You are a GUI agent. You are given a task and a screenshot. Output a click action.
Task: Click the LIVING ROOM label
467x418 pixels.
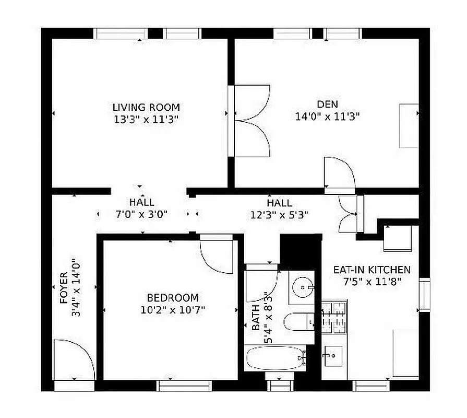[146, 108]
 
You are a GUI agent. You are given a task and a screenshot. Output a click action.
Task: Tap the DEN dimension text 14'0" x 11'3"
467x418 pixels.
[327, 117]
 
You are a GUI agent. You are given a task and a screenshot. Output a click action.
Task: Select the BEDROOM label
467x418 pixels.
[172, 298]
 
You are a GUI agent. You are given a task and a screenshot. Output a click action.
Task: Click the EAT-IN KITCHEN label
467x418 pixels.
[372, 270]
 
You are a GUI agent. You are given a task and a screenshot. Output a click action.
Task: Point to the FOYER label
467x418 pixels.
[63, 287]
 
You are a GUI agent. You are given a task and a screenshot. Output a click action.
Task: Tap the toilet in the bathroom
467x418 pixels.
[298, 321]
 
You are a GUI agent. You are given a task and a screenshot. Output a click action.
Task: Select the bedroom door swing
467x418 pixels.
[216, 253]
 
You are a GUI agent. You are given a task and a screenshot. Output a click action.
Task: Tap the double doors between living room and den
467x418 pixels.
[252, 121]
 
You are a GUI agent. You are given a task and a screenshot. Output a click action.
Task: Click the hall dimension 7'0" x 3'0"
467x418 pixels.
[141, 214]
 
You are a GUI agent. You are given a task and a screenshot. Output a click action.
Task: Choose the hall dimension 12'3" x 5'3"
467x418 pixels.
[279, 214]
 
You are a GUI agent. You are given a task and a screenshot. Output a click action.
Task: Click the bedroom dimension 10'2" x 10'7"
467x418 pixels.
[172, 309]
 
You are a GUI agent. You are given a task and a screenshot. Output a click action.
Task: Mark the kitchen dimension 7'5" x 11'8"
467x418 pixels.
[372, 282]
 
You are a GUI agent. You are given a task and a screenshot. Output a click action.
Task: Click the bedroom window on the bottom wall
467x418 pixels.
[184, 386]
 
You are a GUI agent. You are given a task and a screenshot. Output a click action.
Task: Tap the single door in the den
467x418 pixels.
[339, 173]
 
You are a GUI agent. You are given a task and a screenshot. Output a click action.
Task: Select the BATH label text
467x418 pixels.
[256, 318]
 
